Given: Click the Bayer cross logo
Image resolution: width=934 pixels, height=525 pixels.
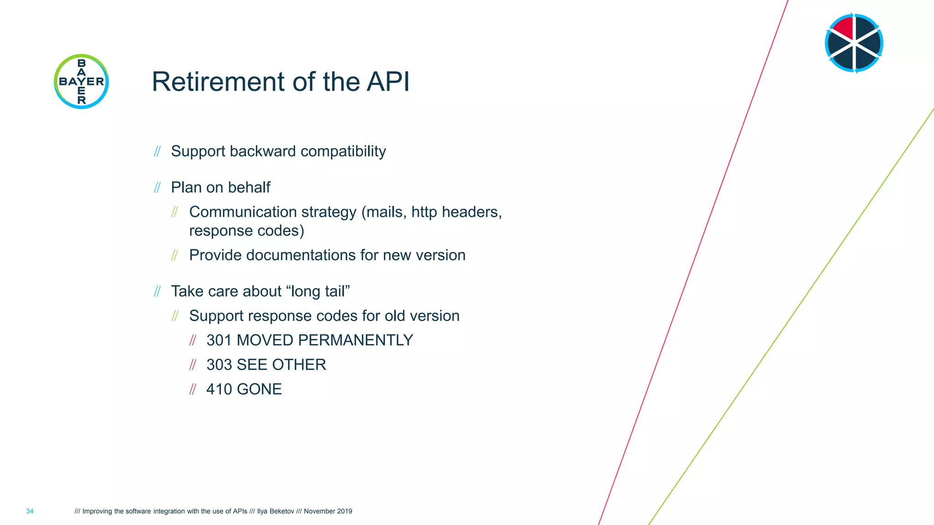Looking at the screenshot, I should coord(81,82).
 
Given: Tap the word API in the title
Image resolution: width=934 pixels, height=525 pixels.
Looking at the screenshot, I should coord(388,82).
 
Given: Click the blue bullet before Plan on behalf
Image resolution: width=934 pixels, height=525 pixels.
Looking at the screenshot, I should coord(157,187).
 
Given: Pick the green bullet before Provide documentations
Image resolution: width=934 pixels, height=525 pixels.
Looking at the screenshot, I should coord(175,255).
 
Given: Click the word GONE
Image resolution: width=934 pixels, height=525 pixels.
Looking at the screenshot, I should coord(259,389).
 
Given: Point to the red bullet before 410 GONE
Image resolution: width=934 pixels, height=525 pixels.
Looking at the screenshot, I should coord(193,389).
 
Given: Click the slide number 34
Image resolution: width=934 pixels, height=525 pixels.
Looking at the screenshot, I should coord(30,511).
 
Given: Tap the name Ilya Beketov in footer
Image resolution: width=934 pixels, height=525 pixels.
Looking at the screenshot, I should coord(275,511).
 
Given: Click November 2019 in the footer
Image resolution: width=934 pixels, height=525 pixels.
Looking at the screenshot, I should coord(328,511).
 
